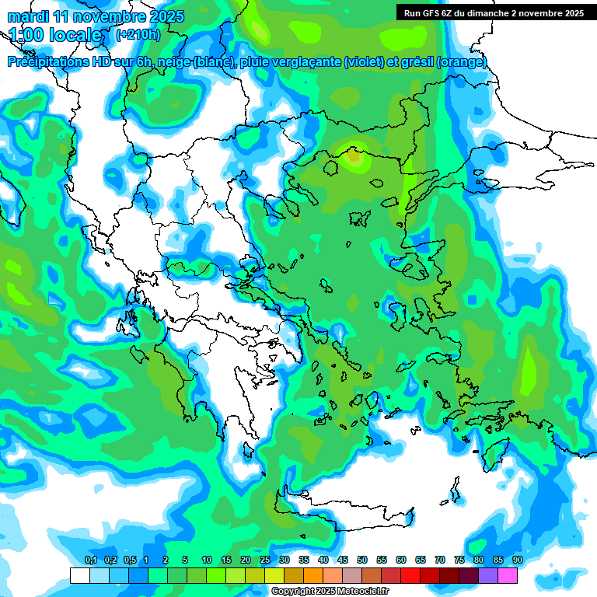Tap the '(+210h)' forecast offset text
(x=138, y=35)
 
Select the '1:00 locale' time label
(x=54, y=35)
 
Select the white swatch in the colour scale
(x=79, y=576)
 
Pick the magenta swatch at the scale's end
(x=508, y=576)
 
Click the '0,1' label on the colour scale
(x=91, y=560)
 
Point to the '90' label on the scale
(x=518, y=560)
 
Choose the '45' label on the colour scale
(x=343, y=560)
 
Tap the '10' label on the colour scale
(x=207, y=560)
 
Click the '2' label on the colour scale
(x=166, y=560)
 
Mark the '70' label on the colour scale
(x=440, y=560)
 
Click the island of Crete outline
(x=342, y=505)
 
